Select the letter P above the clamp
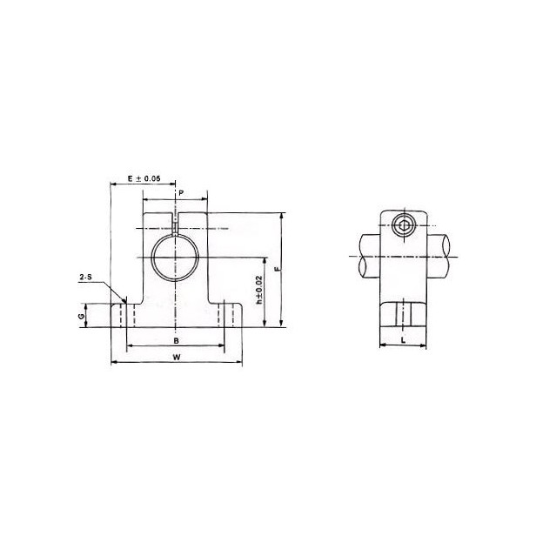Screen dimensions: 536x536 181,191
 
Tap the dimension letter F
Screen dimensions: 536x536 276,270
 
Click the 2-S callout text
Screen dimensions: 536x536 86,278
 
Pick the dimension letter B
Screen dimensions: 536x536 177,340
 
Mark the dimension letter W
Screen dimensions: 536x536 177,357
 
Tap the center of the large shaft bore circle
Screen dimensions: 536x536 176,258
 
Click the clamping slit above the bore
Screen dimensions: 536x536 176,224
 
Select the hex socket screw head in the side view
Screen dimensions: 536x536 402,228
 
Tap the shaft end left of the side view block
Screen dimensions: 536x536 366,256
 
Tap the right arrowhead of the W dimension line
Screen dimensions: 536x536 239,363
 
